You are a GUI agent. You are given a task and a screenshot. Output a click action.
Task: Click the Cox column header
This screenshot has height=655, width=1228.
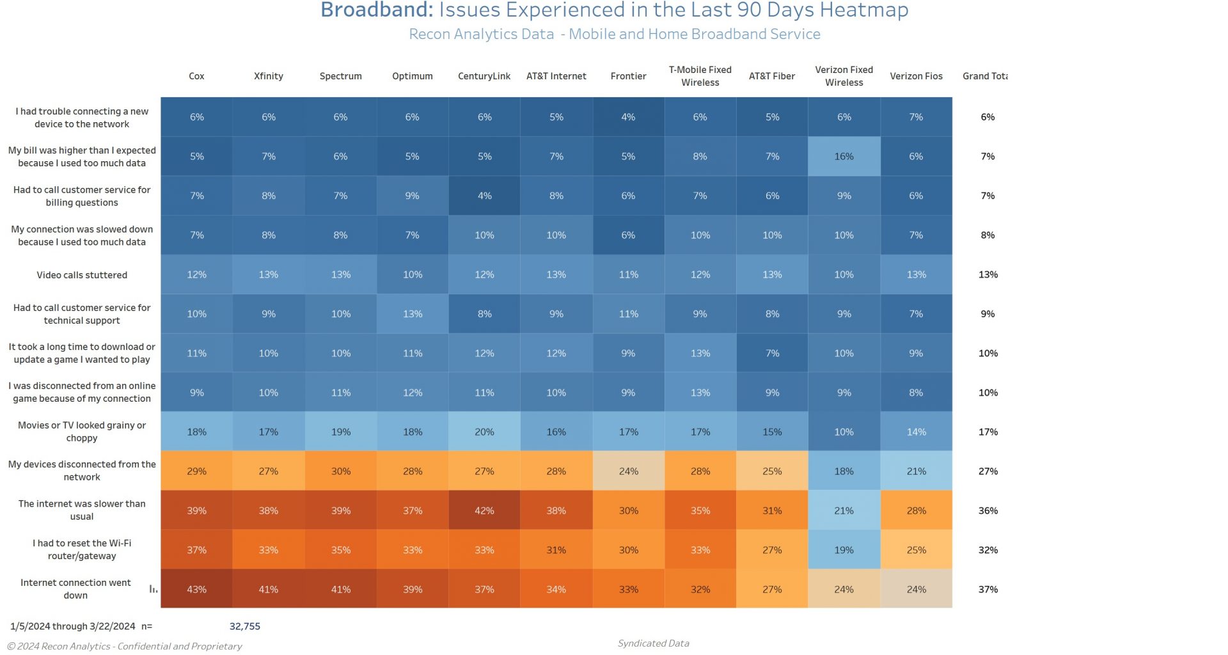click(x=196, y=76)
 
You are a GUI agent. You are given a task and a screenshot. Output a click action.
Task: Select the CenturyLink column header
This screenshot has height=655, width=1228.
click(x=484, y=76)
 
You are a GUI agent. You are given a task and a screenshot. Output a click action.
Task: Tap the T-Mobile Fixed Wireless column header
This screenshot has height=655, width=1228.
click(x=700, y=76)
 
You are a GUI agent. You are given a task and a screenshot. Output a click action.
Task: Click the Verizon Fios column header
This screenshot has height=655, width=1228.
click(x=916, y=76)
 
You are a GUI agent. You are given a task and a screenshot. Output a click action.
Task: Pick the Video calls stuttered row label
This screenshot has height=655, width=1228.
click(x=82, y=275)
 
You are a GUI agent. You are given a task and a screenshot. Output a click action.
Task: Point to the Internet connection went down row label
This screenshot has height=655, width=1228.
click(x=75, y=589)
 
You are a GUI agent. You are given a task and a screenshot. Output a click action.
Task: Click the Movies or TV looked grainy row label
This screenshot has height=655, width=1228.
click(x=82, y=432)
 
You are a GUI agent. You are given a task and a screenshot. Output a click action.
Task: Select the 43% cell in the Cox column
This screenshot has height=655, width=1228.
click(x=196, y=589)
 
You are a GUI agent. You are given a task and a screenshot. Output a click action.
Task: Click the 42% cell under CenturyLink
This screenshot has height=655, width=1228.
click(x=484, y=510)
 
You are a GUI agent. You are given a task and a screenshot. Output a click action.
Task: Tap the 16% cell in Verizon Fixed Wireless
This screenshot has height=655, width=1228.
click(x=844, y=156)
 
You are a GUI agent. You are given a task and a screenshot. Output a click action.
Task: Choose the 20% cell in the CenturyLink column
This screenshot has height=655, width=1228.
click(x=484, y=432)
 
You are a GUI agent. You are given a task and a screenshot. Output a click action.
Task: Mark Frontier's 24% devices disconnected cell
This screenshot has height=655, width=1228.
click(x=628, y=471)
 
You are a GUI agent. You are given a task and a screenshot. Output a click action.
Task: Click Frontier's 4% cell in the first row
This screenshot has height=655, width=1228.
click(x=628, y=117)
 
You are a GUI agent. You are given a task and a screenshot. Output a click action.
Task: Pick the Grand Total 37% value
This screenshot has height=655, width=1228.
click(x=988, y=589)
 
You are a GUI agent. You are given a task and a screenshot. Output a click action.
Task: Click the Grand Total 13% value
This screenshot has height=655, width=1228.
click(x=988, y=275)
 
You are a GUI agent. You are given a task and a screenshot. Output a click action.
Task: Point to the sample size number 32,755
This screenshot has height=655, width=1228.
click(x=245, y=626)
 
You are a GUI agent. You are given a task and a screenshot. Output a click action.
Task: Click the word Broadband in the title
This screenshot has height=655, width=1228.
click(x=377, y=10)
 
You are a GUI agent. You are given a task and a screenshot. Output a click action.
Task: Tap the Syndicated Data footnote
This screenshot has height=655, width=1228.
click(x=653, y=643)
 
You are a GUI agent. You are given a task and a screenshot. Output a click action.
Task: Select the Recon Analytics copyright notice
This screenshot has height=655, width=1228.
click(x=125, y=646)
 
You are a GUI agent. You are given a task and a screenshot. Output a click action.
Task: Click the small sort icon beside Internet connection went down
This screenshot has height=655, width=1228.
click(x=153, y=589)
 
